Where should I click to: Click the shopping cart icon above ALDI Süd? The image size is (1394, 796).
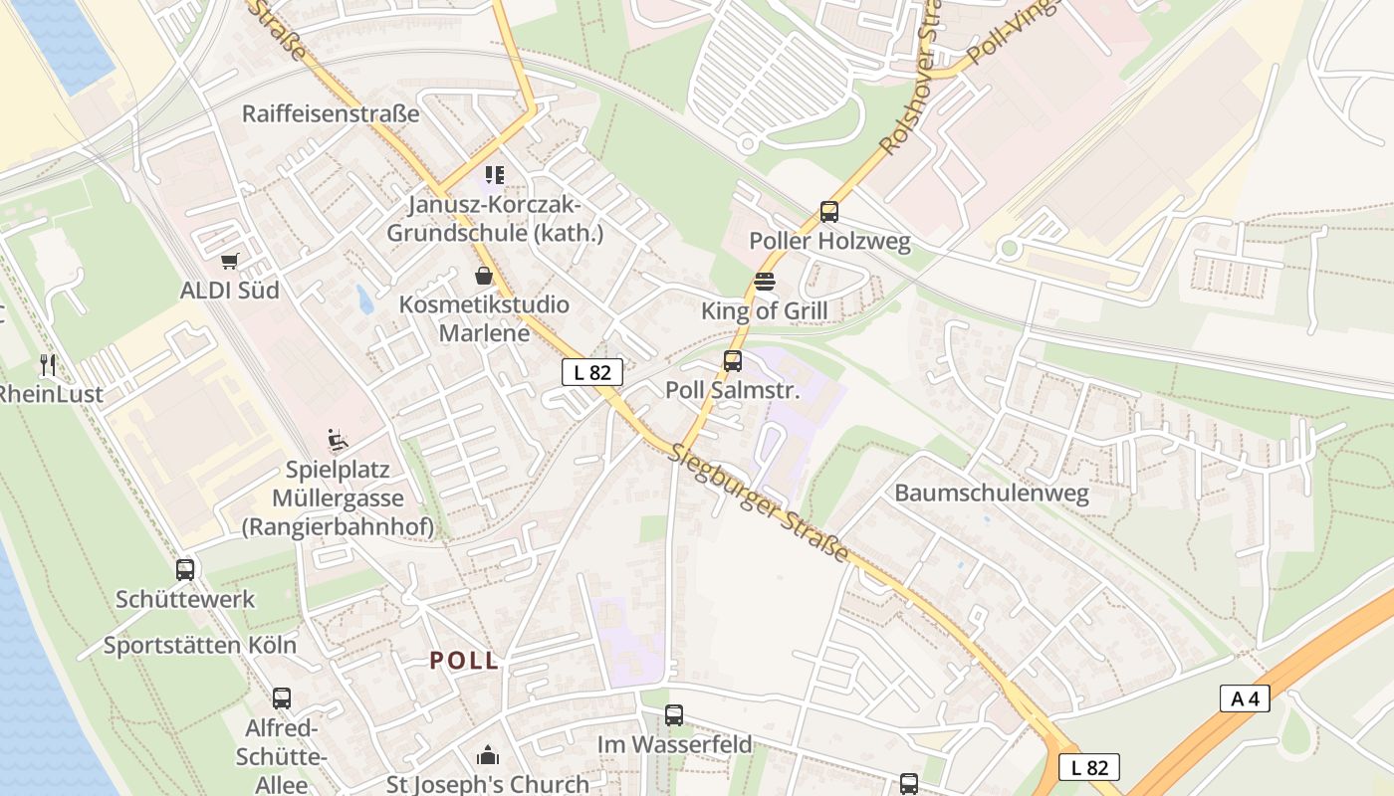point(230,262)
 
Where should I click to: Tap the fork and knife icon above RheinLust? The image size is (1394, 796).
point(48,365)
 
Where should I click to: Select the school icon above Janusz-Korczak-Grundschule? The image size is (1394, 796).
point(495,176)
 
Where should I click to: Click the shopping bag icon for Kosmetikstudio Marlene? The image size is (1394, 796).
point(484,276)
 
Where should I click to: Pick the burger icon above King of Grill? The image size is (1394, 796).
point(764,282)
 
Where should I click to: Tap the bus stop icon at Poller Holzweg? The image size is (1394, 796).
point(829,212)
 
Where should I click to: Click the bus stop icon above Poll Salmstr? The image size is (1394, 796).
point(733,361)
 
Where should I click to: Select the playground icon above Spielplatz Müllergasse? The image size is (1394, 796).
point(338,440)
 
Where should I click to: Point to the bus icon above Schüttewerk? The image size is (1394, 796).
point(185,570)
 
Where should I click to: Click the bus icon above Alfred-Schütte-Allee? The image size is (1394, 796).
point(282,698)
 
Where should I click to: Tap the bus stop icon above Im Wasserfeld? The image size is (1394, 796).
point(674,714)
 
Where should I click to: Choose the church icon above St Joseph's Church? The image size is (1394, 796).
point(487,755)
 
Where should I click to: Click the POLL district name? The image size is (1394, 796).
point(464,661)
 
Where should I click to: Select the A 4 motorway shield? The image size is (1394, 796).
point(1245,698)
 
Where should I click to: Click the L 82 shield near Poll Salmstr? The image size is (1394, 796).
point(592,372)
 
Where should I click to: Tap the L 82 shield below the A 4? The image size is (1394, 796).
point(1089,767)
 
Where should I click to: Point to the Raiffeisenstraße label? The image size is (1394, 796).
point(331,113)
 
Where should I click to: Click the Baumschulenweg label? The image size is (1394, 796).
point(992,493)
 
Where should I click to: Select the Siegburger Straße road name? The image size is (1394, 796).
point(763,502)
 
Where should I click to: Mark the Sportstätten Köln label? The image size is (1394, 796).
point(200,645)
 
